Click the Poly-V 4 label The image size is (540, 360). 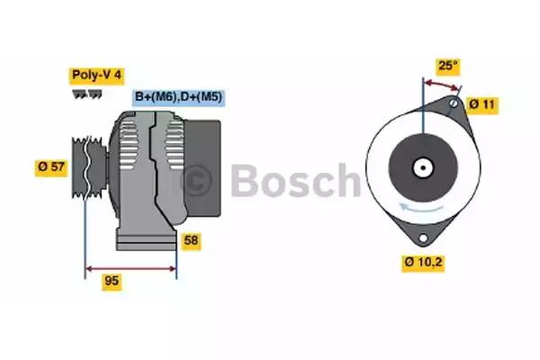click(96, 75)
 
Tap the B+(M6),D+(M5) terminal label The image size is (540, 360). click(179, 97)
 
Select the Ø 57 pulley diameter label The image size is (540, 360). click(51, 167)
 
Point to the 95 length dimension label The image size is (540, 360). click(112, 281)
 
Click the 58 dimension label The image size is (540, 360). click(191, 240)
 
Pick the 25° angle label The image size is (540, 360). click(447, 65)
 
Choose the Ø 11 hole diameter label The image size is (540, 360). click(482, 104)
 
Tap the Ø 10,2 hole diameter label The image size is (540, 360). click(423, 262)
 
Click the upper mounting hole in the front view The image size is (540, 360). click(454, 103)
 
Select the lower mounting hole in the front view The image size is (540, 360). click(423, 238)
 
